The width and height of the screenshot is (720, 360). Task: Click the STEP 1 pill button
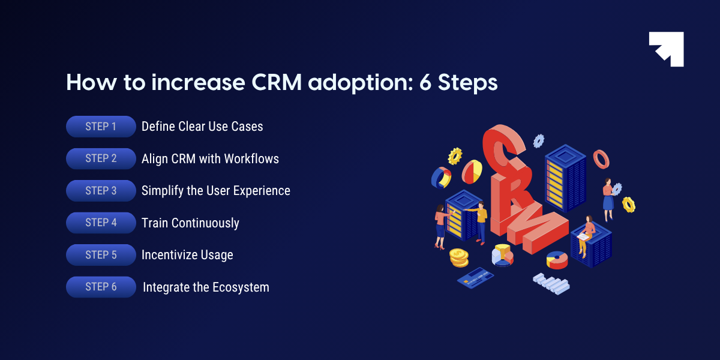click(x=101, y=127)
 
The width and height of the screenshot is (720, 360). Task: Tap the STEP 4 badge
click(x=101, y=223)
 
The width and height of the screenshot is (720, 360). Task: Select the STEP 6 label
click(x=101, y=287)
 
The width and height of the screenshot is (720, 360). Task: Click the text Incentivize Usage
click(x=187, y=255)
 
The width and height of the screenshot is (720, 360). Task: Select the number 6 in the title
click(x=425, y=83)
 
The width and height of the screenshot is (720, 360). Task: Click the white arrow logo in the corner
click(x=667, y=49)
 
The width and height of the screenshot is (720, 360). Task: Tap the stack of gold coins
click(x=459, y=257)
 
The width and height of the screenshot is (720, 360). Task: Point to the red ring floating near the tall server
click(x=601, y=159)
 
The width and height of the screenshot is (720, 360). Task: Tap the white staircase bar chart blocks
click(x=551, y=284)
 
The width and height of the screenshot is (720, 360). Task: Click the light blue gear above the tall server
click(x=539, y=141)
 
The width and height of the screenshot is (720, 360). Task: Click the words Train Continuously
click(x=190, y=223)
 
